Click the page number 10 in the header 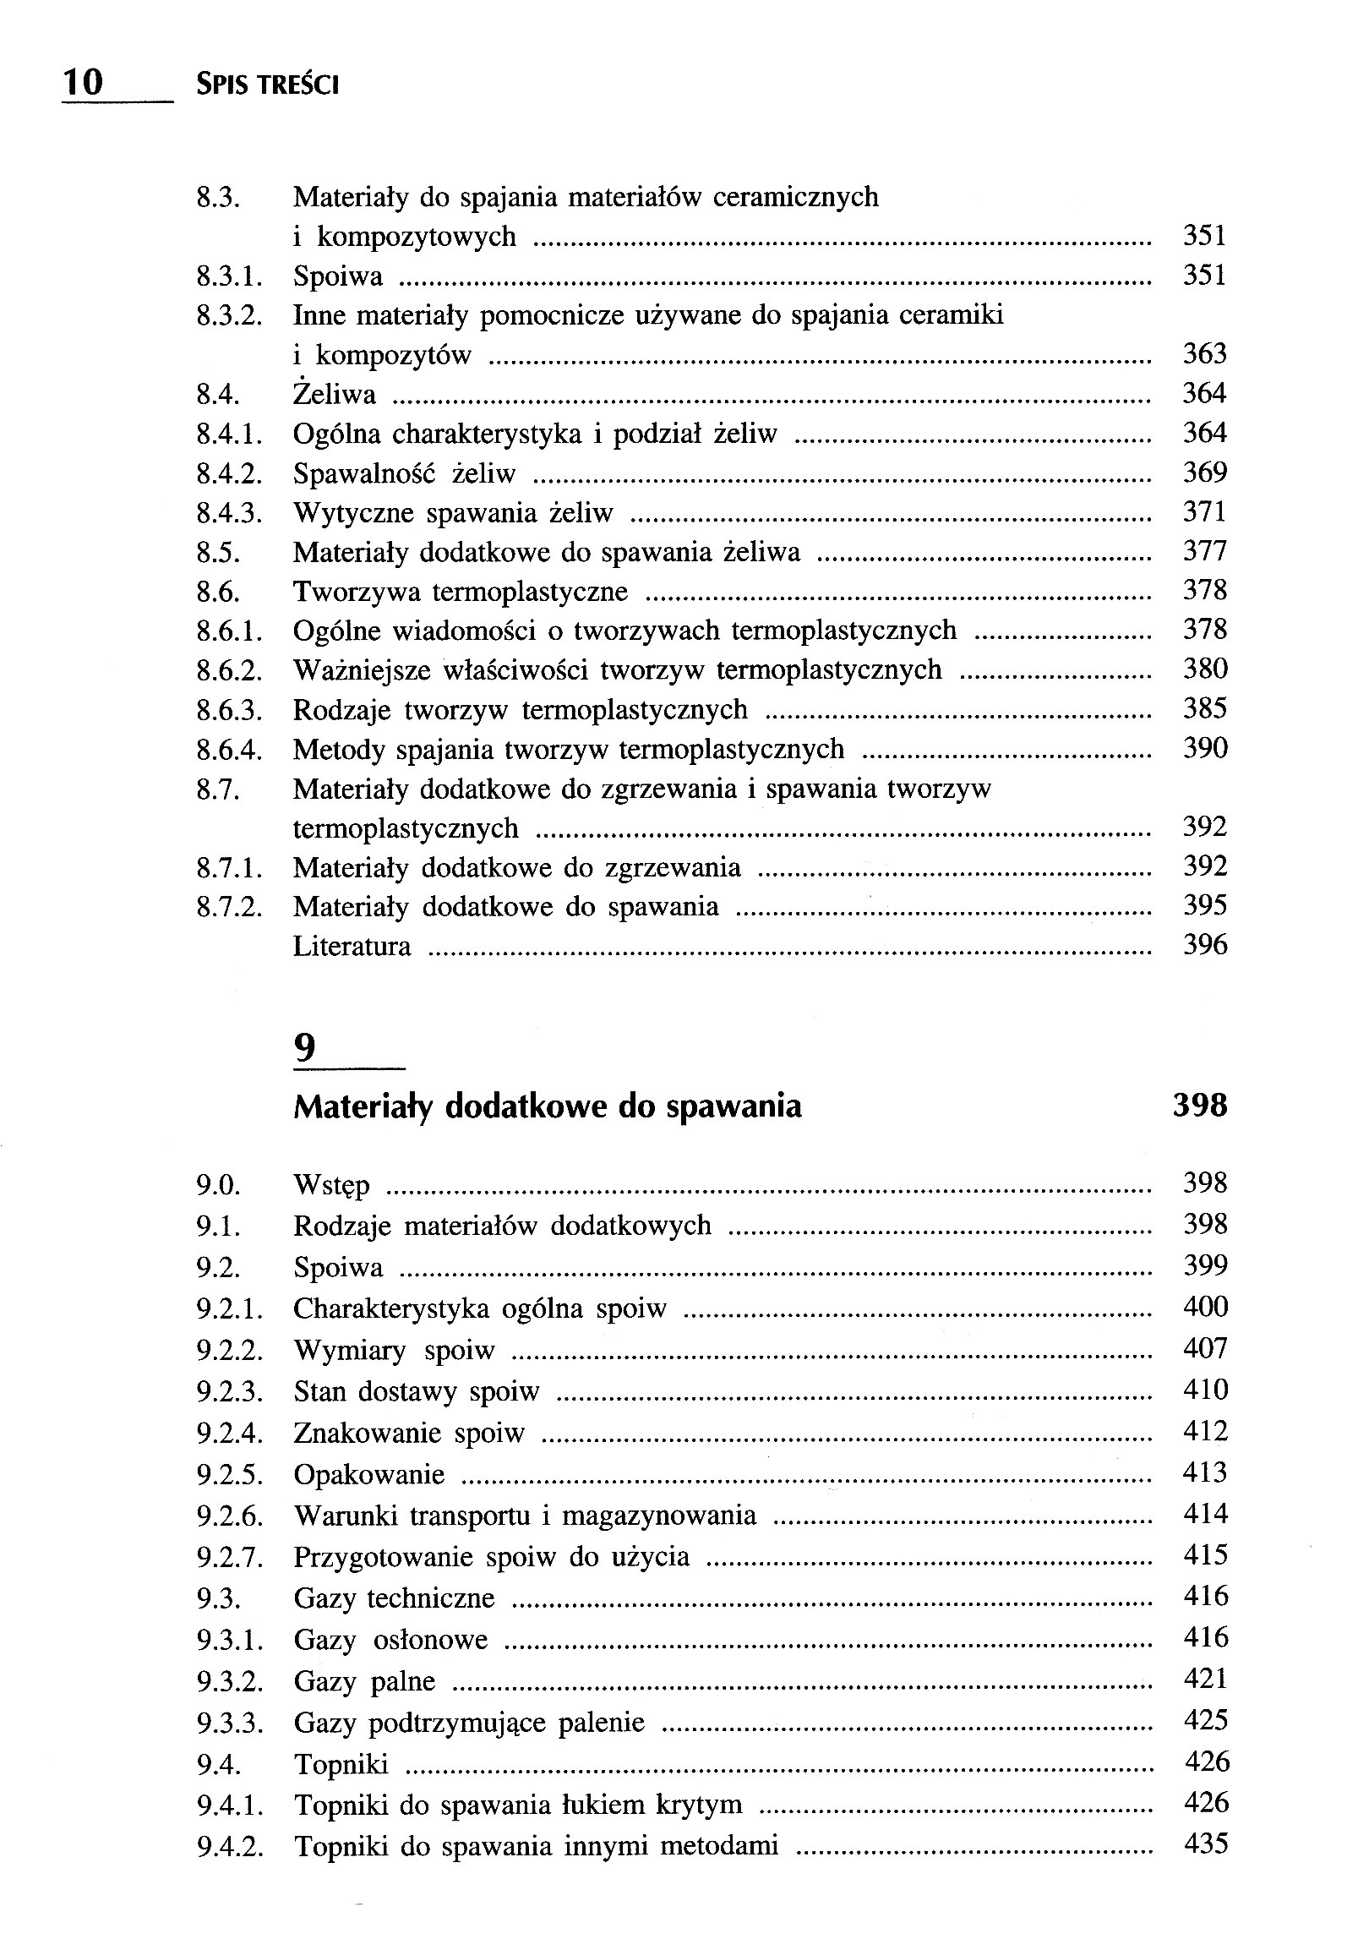[83, 82]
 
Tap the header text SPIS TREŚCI [267, 85]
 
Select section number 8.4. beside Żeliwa [217, 395]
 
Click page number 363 [1204, 354]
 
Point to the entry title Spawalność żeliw [404, 473]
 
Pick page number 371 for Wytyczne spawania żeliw [1204, 512]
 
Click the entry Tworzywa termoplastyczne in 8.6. [461, 591]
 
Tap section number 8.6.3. [229, 710]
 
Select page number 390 [1204, 749]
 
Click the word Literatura [352, 946]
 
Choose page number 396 [1204, 945]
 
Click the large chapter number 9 [304, 1050]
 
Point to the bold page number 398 [1199, 1106]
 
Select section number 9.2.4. [229, 1434]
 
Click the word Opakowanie [368, 1474]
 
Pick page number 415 [1204, 1555]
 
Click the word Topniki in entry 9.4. [341, 1765]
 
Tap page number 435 [1204, 1843]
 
